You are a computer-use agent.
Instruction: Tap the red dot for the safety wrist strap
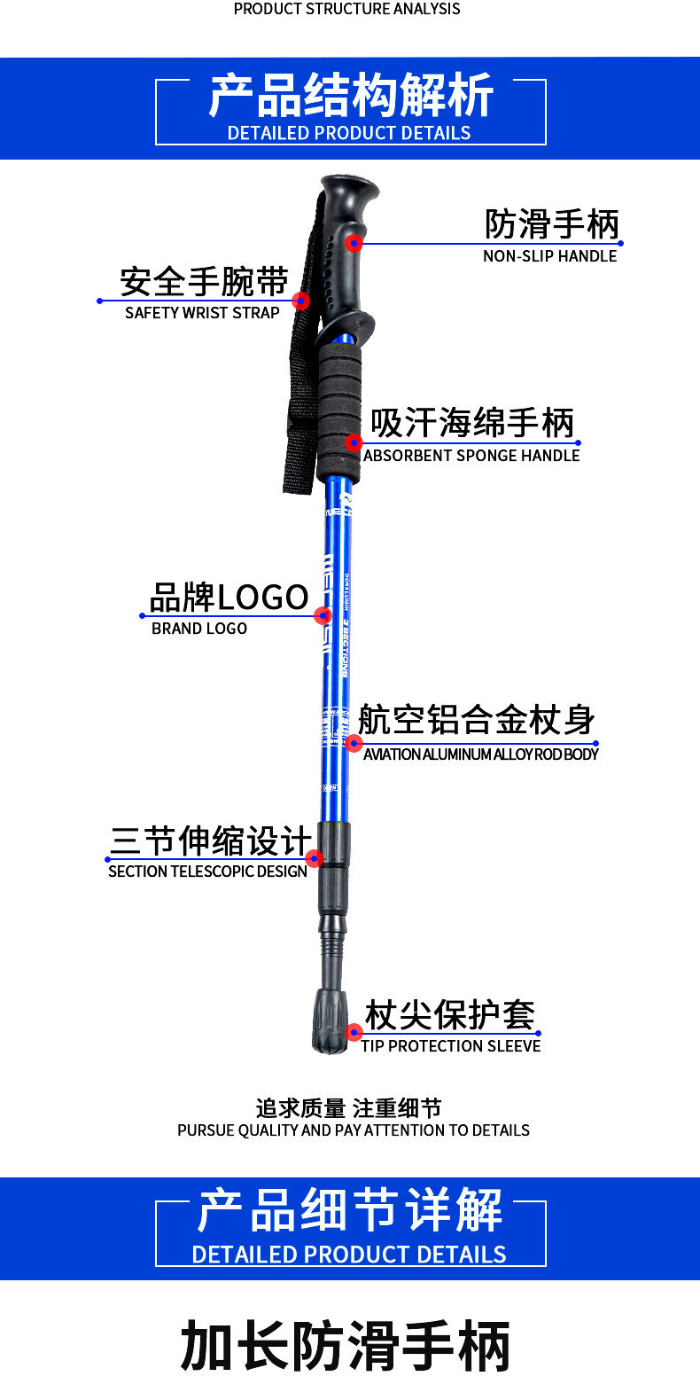point(301,301)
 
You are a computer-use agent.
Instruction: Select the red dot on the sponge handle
point(354,442)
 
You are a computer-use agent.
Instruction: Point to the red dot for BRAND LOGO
point(323,615)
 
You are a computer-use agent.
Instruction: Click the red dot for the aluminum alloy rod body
point(354,743)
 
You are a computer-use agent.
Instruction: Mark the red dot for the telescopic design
point(314,858)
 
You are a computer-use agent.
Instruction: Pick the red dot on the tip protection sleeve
point(354,1032)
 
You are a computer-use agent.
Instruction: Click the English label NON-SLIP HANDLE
point(549,256)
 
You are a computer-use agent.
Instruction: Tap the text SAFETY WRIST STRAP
point(202,313)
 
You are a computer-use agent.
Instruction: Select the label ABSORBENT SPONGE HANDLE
point(471,456)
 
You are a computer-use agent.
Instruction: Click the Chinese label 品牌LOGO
point(229,598)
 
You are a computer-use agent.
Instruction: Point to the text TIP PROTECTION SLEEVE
point(450,1046)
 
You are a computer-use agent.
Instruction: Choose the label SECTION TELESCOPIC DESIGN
point(207,872)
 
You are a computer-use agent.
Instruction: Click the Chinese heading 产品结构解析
point(351,97)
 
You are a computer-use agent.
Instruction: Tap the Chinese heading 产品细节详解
point(350,1211)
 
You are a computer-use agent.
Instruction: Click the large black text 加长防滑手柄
point(346,1346)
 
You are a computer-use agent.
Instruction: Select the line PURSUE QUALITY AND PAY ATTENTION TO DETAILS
point(354,1130)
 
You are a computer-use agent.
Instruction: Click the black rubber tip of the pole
point(331,1028)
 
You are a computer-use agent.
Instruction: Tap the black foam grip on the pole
point(339,412)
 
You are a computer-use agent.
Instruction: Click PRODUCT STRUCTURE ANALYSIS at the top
point(346,9)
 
